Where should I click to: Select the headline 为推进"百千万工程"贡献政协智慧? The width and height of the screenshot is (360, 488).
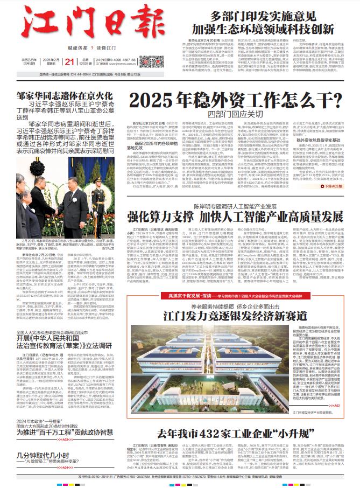(x=65, y=417)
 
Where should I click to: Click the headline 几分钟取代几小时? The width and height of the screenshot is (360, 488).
(x=48, y=441)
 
